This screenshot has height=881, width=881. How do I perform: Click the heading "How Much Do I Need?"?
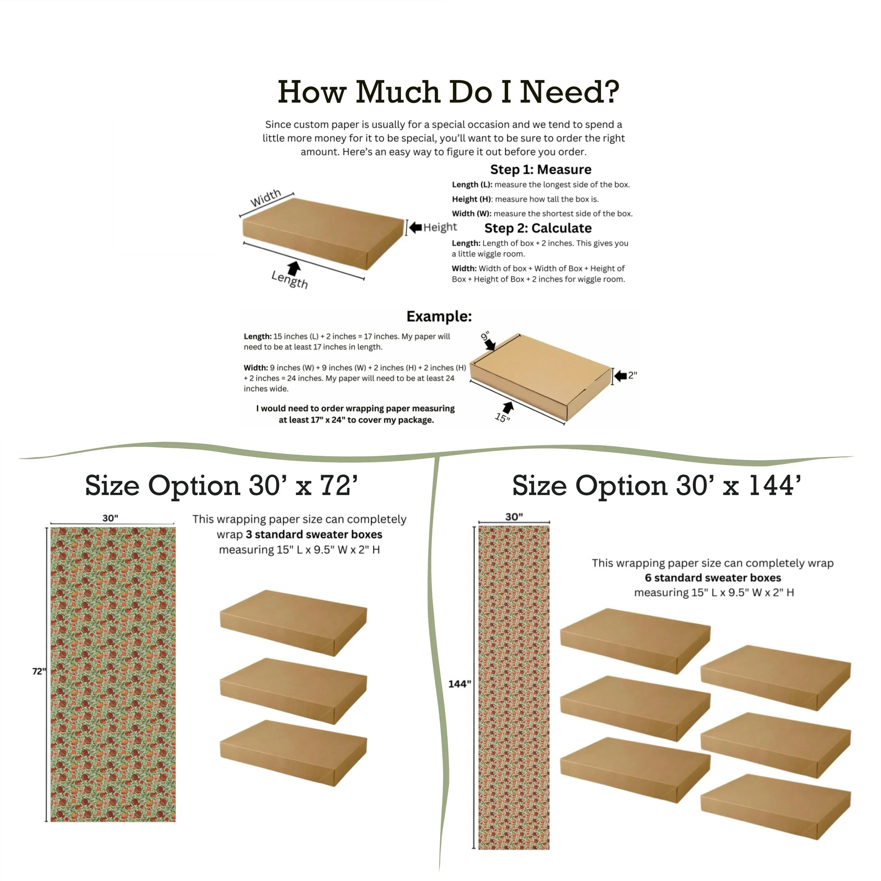coord(448,92)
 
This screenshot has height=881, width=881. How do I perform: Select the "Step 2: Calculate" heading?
coord(538,228)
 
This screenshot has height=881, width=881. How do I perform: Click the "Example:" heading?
coord(439,316)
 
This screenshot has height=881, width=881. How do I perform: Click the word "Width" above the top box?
coord(266,198)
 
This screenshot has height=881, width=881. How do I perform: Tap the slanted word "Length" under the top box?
coord(290,279)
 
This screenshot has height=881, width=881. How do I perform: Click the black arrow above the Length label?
coord(294,268)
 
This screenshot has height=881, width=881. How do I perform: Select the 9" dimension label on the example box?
coord(485,337)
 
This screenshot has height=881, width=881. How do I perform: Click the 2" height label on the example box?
coord(633,375)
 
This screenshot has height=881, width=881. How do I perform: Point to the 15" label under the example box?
coord(503,417)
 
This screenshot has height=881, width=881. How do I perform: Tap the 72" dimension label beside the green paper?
coord(39,671)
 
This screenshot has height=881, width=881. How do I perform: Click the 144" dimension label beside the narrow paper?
coord(460,684)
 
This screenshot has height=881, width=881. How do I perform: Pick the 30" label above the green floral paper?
coord(110,518)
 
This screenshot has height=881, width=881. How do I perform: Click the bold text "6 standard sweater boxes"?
coord(713,578)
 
